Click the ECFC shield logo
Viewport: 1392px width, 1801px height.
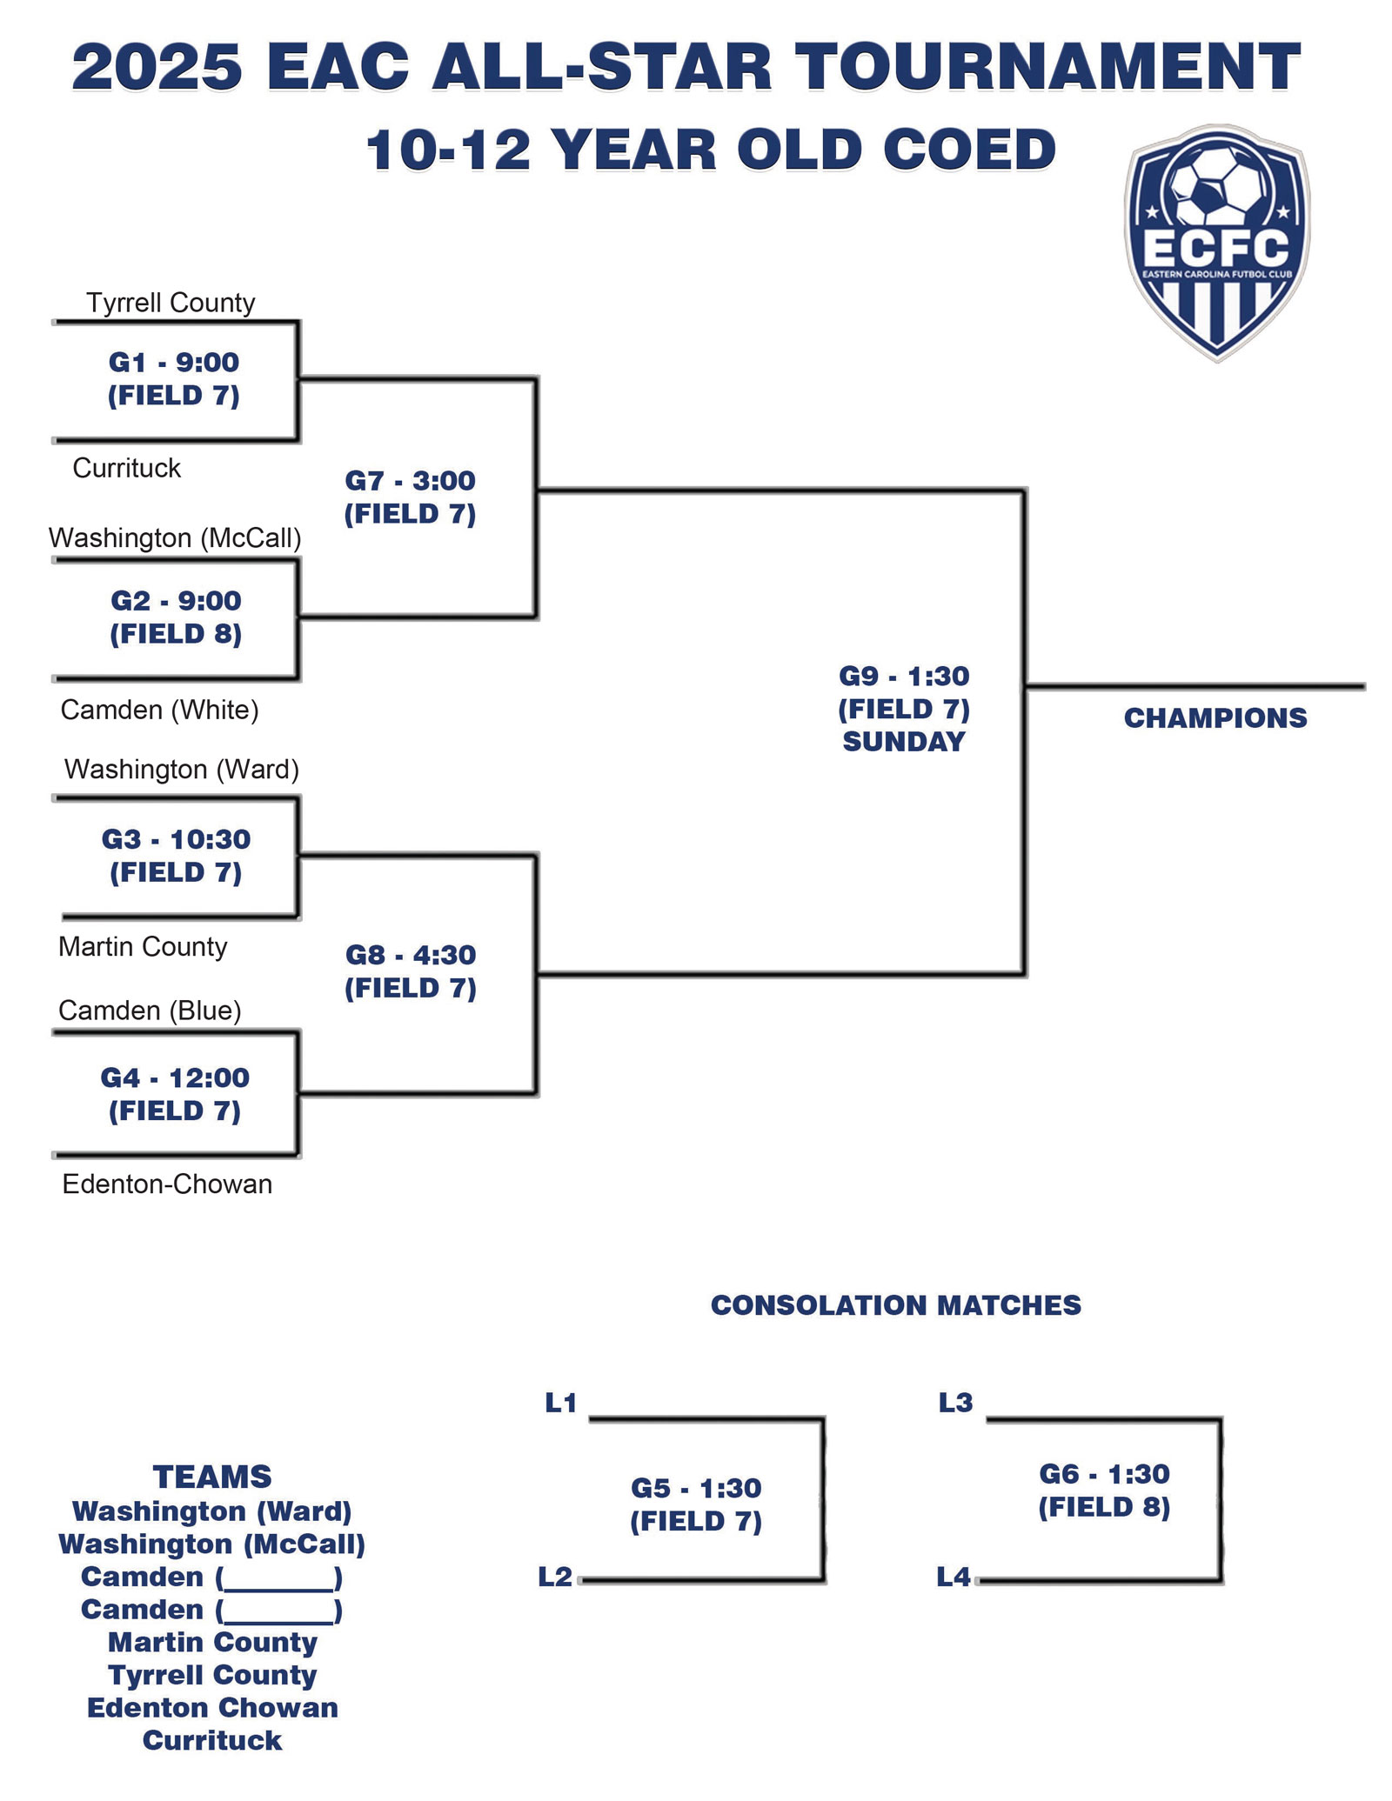click(x=1215, y=243)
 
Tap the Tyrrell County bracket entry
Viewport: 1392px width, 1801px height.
click(x=171, y=303)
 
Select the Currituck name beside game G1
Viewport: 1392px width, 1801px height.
click(x=126, y=468)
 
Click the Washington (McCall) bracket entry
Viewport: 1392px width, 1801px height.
click(x=175, y=537)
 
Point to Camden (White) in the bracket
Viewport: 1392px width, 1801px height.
click(x=159, y=710)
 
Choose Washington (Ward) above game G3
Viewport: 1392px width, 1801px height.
click(x=181, y=769)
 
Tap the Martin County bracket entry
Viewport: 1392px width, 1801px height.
click(x=143, y=946)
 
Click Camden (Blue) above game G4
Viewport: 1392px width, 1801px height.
click(x=150, y=1010)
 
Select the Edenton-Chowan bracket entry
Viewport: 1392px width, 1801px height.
click(x=167, y=1184)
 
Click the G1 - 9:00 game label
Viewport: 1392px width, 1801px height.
click(x=174, y=362)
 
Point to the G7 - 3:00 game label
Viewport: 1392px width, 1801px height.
click(x=410, y=480)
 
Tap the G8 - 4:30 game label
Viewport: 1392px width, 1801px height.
click(x=411, y=955)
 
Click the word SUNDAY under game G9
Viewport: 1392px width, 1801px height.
click(x=904, y=742)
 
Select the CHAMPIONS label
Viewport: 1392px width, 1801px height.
click(x=1215, y=717)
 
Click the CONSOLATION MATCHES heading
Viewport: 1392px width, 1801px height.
click(x=895, y=1304)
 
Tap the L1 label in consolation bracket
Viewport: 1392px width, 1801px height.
click(x=561, y=1403)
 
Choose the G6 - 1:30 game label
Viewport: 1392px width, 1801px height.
click(x=1104, y=1474)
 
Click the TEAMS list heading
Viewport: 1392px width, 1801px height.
click(x=212, y=1477)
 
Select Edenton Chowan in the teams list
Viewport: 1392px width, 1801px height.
click(x=212, y=1707)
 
